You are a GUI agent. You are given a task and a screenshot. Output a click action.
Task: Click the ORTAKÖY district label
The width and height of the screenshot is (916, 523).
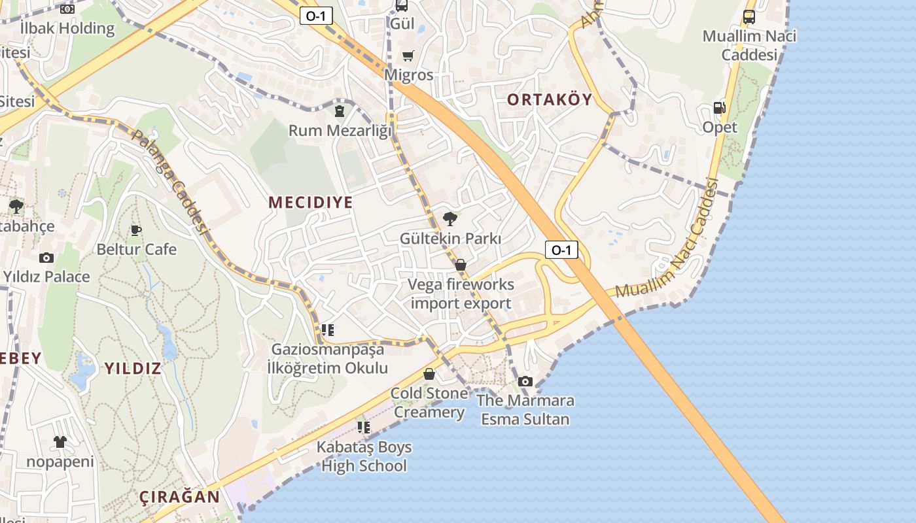550,100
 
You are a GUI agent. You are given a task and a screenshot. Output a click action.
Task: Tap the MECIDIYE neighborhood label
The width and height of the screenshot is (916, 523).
311,203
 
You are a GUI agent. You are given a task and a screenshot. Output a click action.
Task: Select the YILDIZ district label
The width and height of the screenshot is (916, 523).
133,368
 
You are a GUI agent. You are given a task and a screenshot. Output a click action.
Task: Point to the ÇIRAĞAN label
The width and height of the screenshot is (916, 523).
180,497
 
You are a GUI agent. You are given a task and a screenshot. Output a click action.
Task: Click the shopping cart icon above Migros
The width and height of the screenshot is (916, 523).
408,56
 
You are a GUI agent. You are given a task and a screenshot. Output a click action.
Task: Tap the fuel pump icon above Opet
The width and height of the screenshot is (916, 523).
719,108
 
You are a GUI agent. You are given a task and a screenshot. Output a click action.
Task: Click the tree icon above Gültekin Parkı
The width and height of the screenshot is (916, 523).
449,219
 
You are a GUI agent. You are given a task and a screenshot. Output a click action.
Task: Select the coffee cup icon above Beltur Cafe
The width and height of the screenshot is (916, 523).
136,230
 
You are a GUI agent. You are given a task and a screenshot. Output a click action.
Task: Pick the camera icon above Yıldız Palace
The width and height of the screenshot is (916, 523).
46,258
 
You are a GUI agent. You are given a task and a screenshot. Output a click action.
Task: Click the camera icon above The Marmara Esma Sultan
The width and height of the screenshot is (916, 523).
525,381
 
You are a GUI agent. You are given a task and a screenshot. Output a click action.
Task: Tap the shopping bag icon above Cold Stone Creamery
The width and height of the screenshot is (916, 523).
429,374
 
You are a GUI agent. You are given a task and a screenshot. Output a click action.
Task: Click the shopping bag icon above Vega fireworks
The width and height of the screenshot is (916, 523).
461,265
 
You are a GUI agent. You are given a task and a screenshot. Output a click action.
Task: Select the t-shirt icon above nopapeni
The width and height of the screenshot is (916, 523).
60,442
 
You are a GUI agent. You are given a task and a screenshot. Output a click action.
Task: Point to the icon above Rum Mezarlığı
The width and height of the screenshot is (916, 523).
339,111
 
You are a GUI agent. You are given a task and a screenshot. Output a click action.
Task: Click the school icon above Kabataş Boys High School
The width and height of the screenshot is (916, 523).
364,428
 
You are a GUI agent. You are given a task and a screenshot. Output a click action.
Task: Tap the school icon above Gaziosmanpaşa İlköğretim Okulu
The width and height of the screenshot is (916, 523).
327,330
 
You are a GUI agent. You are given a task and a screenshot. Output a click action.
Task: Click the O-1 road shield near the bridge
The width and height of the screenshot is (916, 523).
561,249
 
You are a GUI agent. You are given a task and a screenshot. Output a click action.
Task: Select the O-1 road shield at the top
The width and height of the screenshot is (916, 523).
316,16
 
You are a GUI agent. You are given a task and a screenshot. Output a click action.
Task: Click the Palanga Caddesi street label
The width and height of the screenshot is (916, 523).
170,183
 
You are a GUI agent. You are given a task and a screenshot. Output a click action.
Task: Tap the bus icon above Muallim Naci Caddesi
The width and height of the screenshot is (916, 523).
749,17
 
